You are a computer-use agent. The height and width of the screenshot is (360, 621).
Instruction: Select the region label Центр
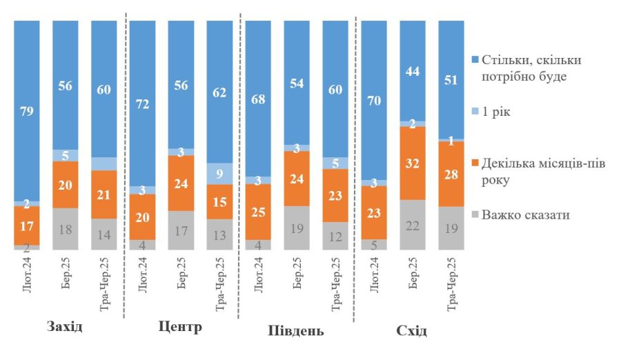(x=180, y=326)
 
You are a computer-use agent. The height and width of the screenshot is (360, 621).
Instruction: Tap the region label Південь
(x=295, y=330)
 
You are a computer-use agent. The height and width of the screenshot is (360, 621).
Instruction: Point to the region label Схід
(x=411, y=330)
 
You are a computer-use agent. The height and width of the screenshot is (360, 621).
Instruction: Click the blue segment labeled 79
(x=27, y=110)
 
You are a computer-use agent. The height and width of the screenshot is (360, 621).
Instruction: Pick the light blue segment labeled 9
(x=219, y=174)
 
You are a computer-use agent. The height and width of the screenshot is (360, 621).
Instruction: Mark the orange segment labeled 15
(x=219, y=202)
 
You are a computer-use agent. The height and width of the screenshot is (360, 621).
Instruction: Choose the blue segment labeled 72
(x=143, y=103)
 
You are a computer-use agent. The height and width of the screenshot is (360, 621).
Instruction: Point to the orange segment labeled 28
(x=451, y=174)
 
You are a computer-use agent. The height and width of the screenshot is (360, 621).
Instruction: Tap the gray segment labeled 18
(x=66, y=229)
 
